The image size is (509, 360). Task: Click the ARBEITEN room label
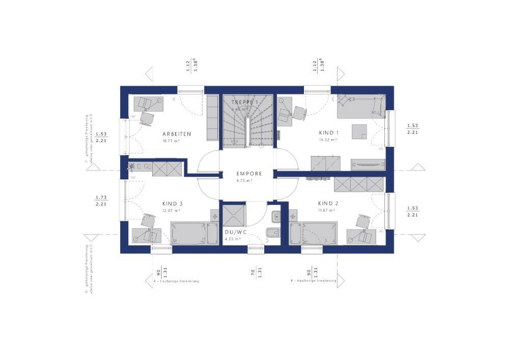tap(177, 134)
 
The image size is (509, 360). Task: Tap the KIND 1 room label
tap(328, 133)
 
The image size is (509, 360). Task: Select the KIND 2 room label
tap(328, 203)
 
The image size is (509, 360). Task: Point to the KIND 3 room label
tap(173, 203)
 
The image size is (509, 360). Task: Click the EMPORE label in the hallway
tap(249, 174)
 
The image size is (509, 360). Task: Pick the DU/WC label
tap(235, 232)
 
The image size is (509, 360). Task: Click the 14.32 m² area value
tap(328, 140)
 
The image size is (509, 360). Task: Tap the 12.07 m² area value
tap(171, 210)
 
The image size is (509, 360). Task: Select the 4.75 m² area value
tap(245, 180)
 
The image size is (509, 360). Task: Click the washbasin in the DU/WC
tap(275, 216)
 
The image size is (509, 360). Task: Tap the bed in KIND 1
tap(359, 106)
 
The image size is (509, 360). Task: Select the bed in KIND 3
tap(189, 233)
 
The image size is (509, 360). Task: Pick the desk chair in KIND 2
tap(362, 222)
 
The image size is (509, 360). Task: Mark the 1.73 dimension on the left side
tap(100, 197)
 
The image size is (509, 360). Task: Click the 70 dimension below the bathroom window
tap(253, 272)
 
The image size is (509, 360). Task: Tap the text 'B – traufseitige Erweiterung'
tap(313, 281)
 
